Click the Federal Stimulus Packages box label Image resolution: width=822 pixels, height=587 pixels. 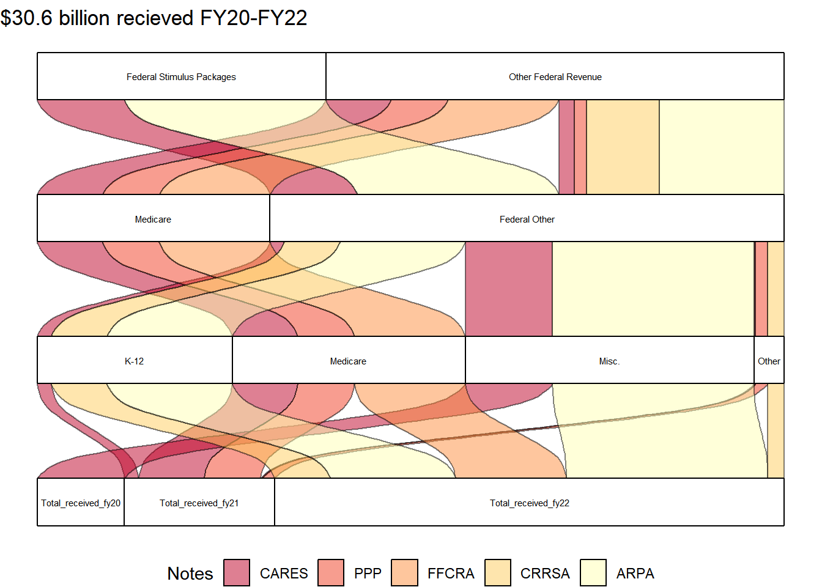click(x=181, y=77)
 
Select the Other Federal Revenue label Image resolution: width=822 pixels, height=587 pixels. click(x=555, y=77)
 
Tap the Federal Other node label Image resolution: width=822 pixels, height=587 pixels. click(x=527, y=220)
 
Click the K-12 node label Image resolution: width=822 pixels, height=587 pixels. click(x=135, y=361)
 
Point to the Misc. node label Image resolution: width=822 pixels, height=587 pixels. click(x=609, y=361)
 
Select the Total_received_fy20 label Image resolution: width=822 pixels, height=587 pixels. click(x=81, y=503)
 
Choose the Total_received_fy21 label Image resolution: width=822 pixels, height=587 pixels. click(x=199, y=503)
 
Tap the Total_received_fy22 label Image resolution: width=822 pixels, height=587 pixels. click(x=530, y=503)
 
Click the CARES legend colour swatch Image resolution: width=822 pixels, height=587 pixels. click(x=237, y=573)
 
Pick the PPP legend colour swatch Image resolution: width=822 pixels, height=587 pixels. click(x=331, y=573)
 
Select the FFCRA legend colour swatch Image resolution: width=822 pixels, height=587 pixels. click(x=404, y=573)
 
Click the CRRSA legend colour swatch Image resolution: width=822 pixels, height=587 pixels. click(x=498, y=573)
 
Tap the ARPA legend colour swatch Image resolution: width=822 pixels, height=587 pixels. click(x=593, y=573)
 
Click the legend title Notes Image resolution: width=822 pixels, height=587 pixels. click(x=190, y=574)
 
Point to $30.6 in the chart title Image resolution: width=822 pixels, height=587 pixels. click(x=26, y=18)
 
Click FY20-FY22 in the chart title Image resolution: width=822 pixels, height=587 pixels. click(x=254, y=18)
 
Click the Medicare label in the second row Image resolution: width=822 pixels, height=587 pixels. click(x=153, y=220)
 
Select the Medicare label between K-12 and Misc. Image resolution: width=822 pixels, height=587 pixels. click(x=348, y=361)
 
